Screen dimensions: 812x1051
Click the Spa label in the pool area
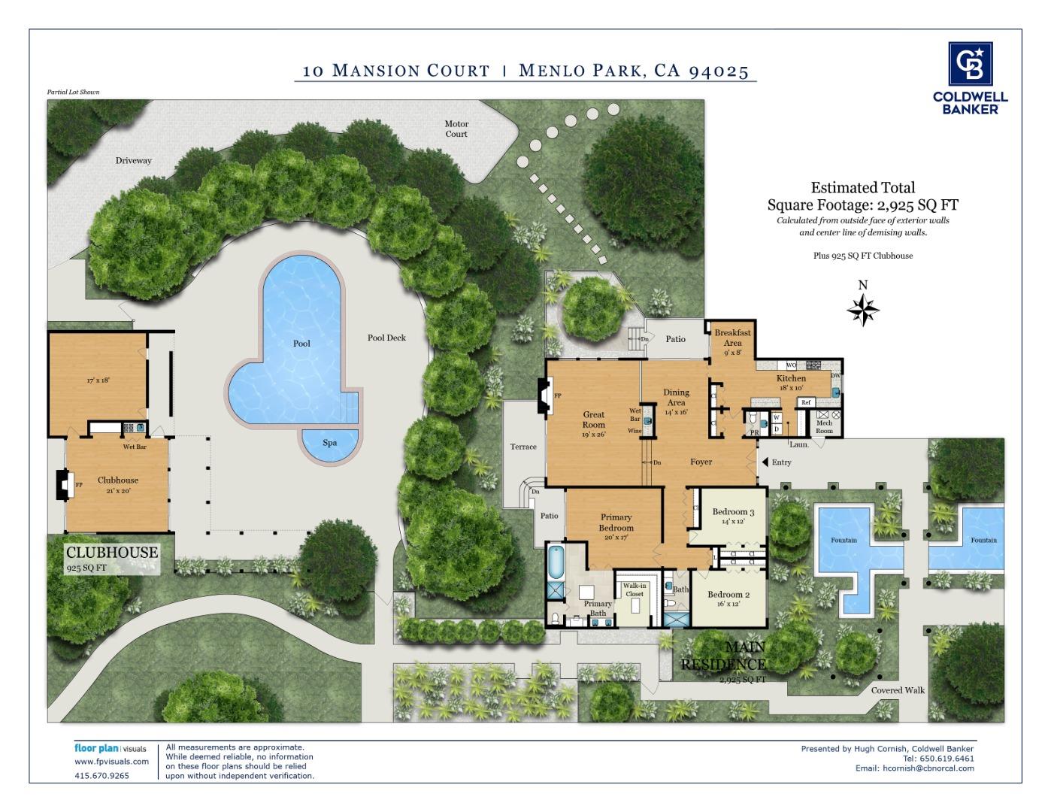click(330, 443)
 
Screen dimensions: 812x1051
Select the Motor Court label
click(456, 129)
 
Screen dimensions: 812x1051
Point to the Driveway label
click(134, 160)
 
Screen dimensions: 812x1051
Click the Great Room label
click(594, 420)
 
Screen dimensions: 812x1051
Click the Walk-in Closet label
click(635, 589)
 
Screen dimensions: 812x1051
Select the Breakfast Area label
click(732, 338)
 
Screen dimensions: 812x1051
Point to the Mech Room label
click(825, 427)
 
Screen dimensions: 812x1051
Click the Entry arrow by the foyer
click(765, 462)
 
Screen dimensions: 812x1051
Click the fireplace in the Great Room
click(544, 395)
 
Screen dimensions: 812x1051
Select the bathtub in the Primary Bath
click(556, 562)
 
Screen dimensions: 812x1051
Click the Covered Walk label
click(898, 690)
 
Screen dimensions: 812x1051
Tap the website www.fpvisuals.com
click(111, 761)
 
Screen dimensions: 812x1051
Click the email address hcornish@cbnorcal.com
click(928, 768)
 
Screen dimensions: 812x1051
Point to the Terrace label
click(523, 447)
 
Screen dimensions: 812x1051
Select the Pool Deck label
click(386, 338)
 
